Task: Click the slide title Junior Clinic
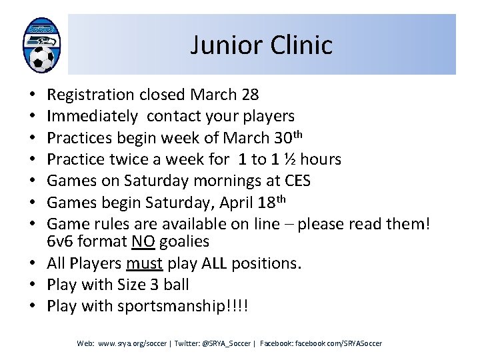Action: click(x=261, y=45)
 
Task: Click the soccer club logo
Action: click(x=41, y=45)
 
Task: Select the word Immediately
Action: click(x=93, y=116)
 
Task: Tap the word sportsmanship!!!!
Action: click(x=186, y=307)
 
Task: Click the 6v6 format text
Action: click(x=87, y=241)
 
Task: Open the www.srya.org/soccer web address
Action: click(x=133, y=343)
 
